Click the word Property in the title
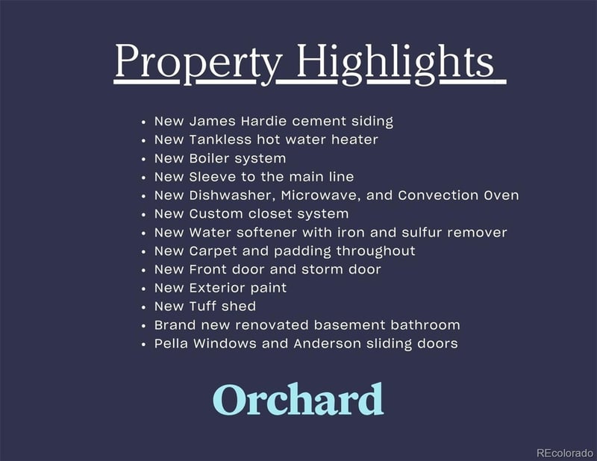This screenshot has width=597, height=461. (199, 62)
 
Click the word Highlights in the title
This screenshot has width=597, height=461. (396, 62)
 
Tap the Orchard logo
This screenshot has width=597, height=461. (298, 399)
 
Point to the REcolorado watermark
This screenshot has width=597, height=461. (565, 453)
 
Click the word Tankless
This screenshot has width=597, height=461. (220, 139)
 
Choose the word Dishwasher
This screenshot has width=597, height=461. (232, 195)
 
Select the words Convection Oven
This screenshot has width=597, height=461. (458, 195)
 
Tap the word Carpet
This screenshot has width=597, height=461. (213, 251)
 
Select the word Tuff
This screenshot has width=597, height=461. (202, 307)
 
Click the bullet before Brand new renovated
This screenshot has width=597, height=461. (143, 326)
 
